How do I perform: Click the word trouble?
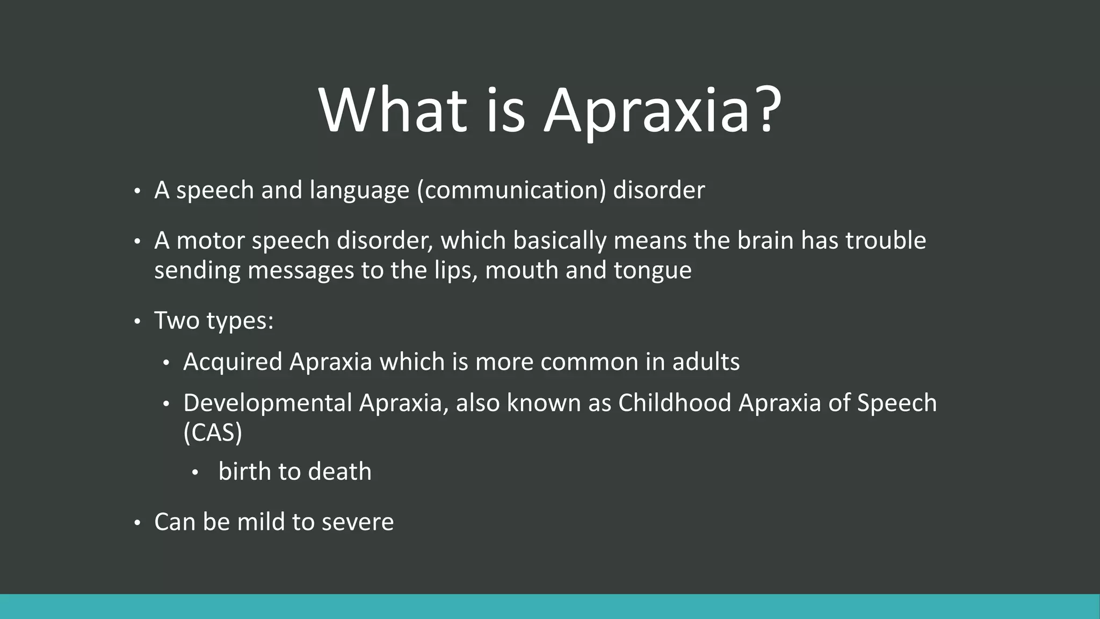(886, 240)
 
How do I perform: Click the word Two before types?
(177, 321)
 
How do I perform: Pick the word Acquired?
(233, 362)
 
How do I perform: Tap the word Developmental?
(267, 403)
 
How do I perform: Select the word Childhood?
(675, 403)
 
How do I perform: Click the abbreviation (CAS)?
(213, 433)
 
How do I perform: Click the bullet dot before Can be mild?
(137, 523)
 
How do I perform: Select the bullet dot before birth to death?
(195, 473)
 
